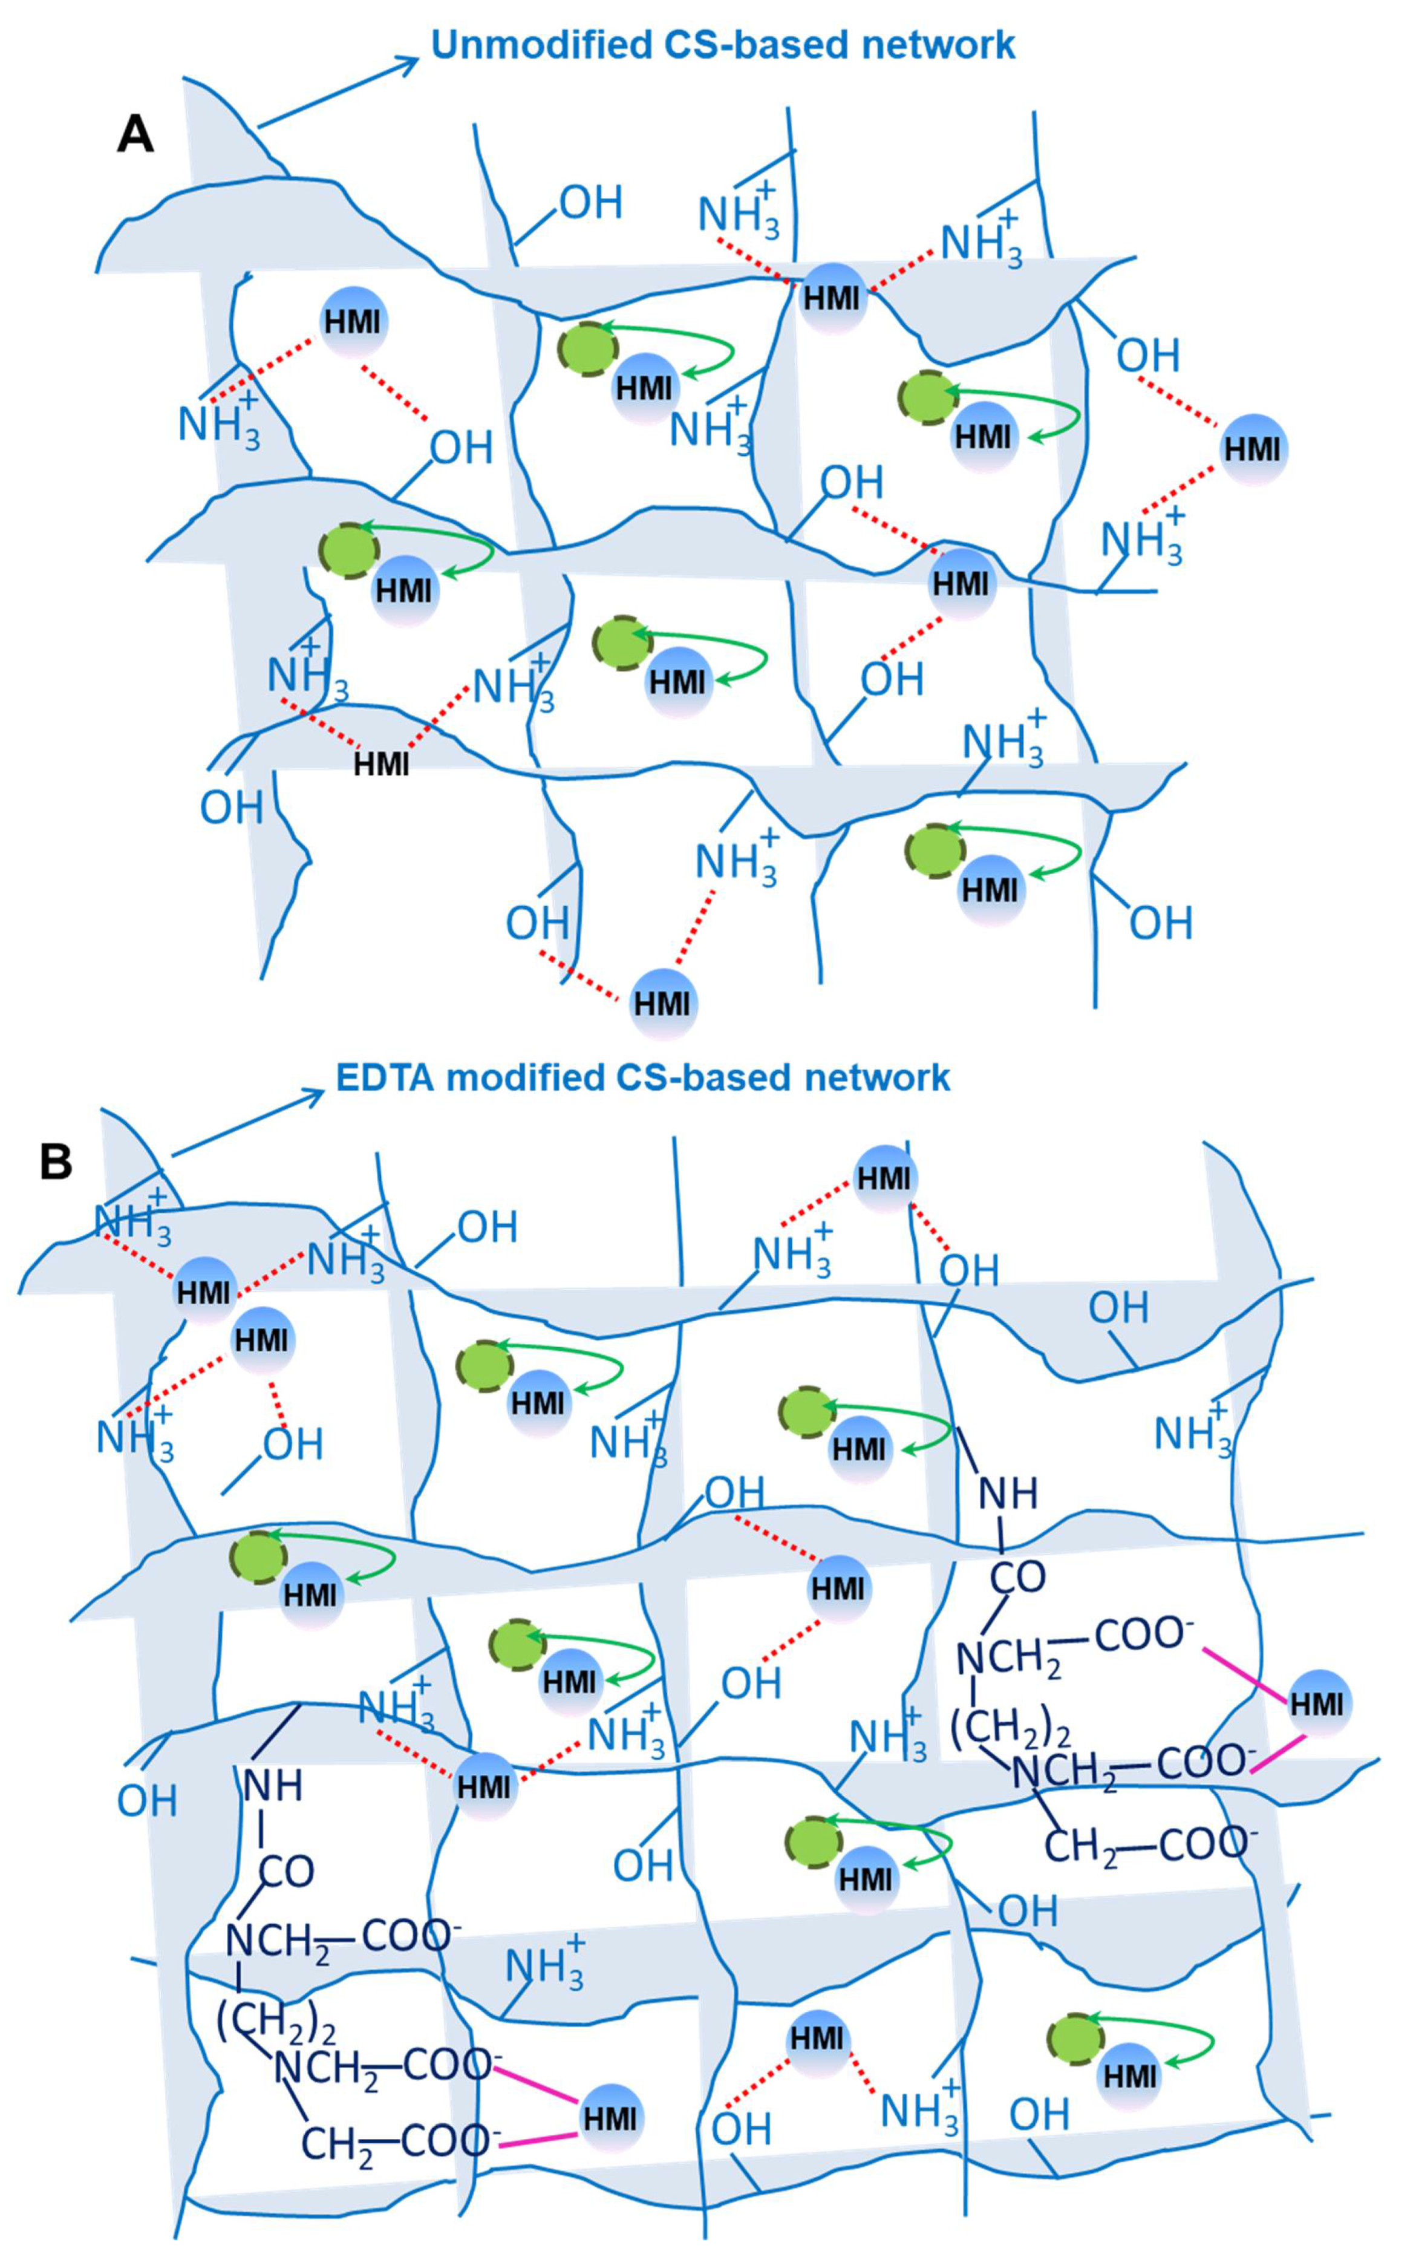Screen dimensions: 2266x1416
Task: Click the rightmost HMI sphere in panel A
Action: click(1252, 448)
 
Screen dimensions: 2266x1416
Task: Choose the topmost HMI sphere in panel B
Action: click(884, 1177)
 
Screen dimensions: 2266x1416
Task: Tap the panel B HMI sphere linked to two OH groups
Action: click(838, 1588)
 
